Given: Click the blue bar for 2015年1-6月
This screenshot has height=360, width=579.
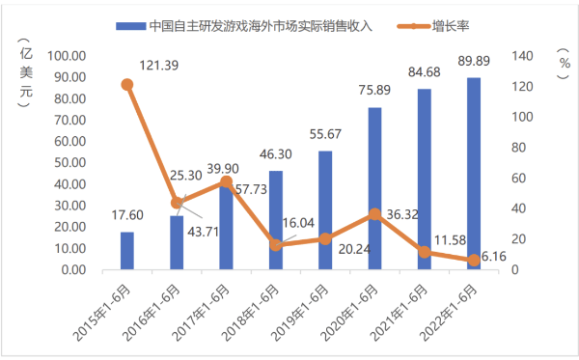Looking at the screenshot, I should click(x=127, y=251).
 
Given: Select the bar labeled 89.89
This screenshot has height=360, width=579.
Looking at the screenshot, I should click(x=474, y=174).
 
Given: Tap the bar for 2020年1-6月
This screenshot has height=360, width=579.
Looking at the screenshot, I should click(x=374, y=188).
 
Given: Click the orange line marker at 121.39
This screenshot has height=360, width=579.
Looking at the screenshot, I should click(x=127, y=85).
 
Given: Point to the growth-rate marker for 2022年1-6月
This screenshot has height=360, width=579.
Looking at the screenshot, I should click(x=474, y=261).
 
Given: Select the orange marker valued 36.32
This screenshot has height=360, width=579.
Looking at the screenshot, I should click(x=374, y=214).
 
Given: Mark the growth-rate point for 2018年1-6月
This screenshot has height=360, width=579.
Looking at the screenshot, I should click(x=276, y=245).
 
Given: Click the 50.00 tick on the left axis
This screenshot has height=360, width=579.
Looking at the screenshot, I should click(x=82, y=163).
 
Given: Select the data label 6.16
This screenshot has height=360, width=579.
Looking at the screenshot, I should click(x=492, y=256).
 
